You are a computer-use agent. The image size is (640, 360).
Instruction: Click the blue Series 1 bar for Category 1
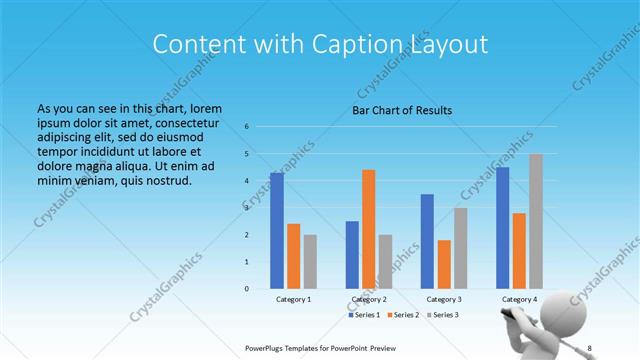[x=277, y=230]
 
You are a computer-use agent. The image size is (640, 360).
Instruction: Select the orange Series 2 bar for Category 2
[x=369, y=228]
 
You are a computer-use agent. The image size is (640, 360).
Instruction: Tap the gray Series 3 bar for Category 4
[x=536, y=221]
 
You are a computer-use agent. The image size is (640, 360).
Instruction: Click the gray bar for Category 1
[x=310, y=261]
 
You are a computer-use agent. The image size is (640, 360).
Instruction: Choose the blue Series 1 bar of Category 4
[x=503, y=227]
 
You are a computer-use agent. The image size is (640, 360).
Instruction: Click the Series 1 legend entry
[x=366, y=315]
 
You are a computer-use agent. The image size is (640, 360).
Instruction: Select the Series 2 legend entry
[x=403, y=315]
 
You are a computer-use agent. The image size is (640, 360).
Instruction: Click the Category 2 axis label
[x=369, y=299]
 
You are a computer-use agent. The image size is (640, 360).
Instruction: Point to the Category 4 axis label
[x=519, y=299]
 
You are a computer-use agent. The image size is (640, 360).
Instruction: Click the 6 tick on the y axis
[x=246, y=127]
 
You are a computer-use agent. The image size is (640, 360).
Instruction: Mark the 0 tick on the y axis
[x=246, y=289]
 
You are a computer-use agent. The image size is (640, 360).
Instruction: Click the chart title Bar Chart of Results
[x=401, y=110]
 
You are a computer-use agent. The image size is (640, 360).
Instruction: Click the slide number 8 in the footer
[x=589, y=348]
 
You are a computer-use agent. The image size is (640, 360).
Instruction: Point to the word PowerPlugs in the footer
[x=270, y=348]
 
